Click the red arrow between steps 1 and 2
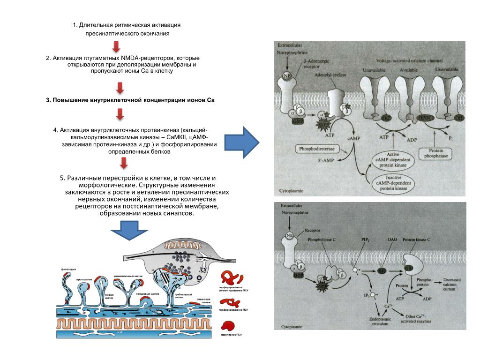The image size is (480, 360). point(116,46)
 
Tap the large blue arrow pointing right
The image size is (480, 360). point(242,142)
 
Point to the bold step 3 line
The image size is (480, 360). point(130,100)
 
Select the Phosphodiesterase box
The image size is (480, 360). point(318,149)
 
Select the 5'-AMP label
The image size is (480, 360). point(314,160)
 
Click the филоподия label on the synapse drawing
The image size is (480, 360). point(68,270)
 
